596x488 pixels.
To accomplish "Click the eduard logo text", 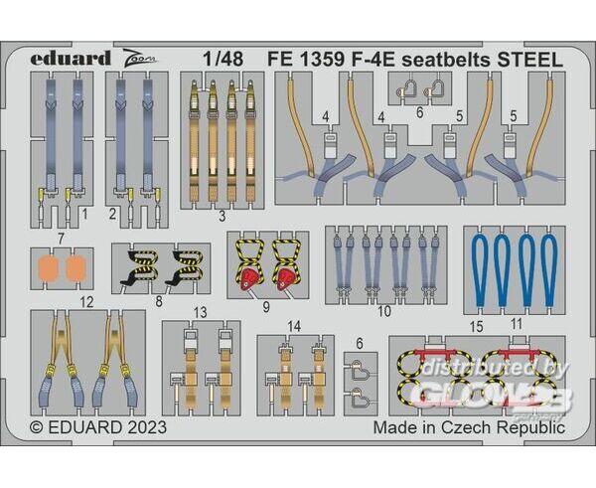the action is pyautogui.click(x=71, y=59).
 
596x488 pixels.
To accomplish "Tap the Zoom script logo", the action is pyautogui.click(x=140, y=58).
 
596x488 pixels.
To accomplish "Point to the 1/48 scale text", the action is pyautogui.click(x=223, y=59).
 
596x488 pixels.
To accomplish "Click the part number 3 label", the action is pyautogui.click(x=222, y=216).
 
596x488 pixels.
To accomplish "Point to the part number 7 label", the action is pyautogui.click(x=61, y=239).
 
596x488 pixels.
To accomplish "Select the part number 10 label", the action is pyautogui.click(x=384, y=311).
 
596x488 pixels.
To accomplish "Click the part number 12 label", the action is pyautogui.click(x=86, y=302).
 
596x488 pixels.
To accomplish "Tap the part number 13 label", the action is pyautogui.click(x=200, y=313).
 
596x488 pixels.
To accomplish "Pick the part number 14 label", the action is pyautogui.click(x=294, y=326).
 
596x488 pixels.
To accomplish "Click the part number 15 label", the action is pyautogui.click(x=476, y=326).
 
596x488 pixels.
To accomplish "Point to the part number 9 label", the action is pyautogui.click(x=266, y=306).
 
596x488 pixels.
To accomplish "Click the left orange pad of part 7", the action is pyautogui.click(x=49, y=268).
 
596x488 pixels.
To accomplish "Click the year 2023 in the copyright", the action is pyautogui.click(x=147, y=427).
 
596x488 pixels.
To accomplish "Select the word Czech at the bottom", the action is pyautogui.click(x=466, y=427).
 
